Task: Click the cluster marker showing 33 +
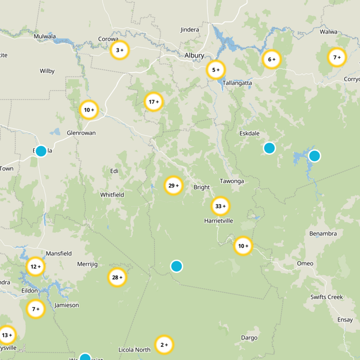coord(220,206)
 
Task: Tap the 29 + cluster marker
coord(174,185)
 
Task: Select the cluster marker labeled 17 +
coord(153,102)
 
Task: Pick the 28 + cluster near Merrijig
coord(117,277)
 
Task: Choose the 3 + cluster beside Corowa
coord(120,50)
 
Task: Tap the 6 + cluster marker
coord(272,59)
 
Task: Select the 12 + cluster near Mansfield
coord(36,266)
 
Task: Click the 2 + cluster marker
coord(164,345)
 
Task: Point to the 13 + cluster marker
coord(7,335)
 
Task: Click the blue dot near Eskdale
coord(269,148)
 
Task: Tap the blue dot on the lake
coord(315,156)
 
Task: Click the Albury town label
coord(194,55)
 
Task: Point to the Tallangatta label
coord(237,83)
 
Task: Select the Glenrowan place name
coord(81,133)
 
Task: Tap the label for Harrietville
coord(219,221)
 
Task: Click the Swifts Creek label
coord(327,297)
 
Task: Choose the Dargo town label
coord(249,337)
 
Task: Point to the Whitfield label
coord(112,195)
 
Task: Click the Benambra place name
coord(323,234)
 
